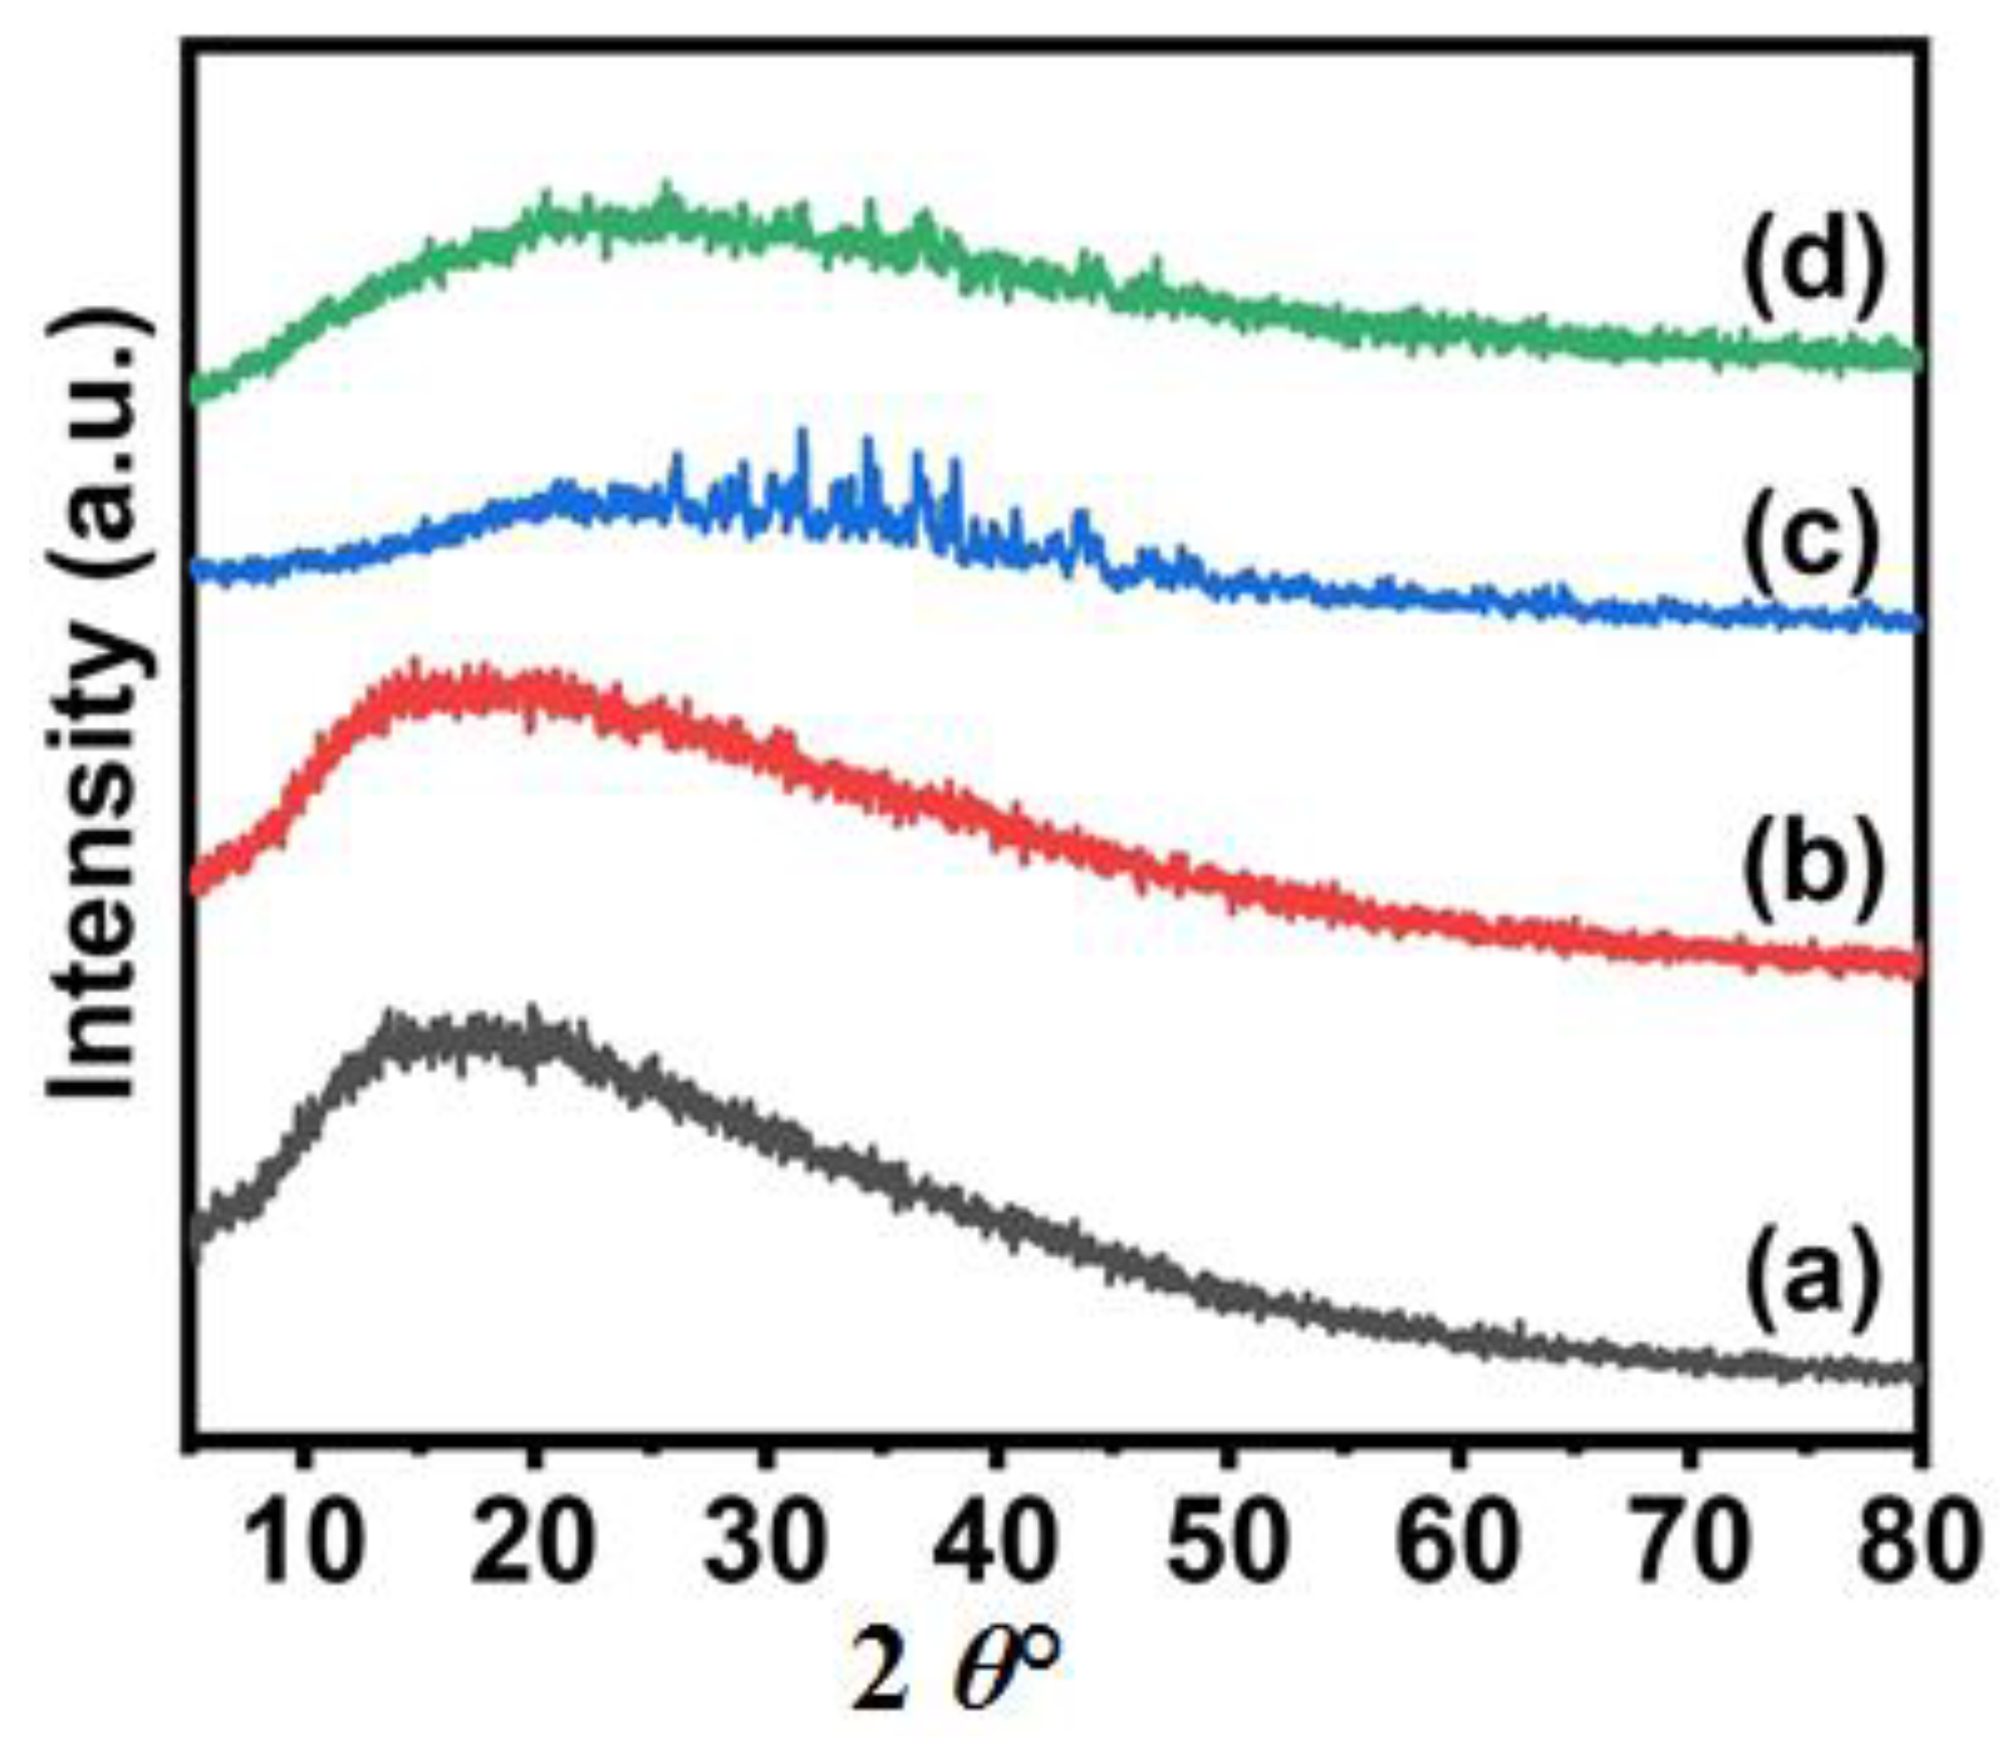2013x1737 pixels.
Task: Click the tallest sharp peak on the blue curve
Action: tap(803, 435)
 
